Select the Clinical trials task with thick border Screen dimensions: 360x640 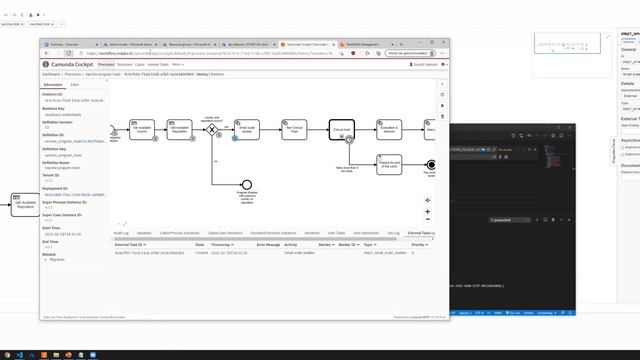point(341,129)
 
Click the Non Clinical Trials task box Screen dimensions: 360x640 point(294,129)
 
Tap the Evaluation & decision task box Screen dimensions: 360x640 point(389,129)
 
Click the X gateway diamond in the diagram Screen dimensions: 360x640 point(211,129)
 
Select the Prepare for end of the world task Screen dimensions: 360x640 point(389,164)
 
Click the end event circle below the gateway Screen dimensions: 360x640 point(246,184)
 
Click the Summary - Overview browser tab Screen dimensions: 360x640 point(66,44)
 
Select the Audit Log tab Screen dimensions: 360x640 point(121,232)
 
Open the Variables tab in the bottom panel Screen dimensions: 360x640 point(144,232)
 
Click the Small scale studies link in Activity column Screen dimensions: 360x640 point(299,252)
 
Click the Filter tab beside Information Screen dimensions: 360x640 point(75,85)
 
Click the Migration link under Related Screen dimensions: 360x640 point(56,259)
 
